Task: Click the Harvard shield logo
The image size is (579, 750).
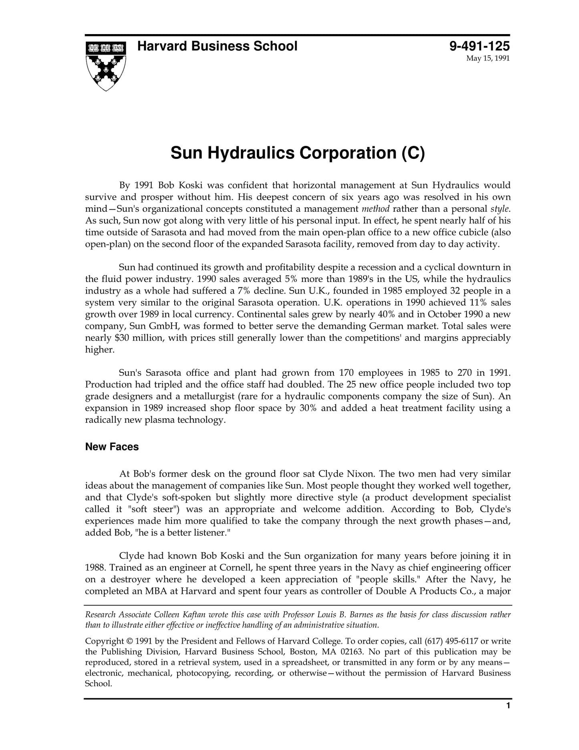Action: point(106,65)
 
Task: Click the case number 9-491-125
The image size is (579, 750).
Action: point(479,47)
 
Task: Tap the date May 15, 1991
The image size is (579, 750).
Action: point(488,59)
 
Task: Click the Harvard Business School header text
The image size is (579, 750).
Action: point(217,47)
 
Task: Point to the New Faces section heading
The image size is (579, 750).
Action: point(112,447)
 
